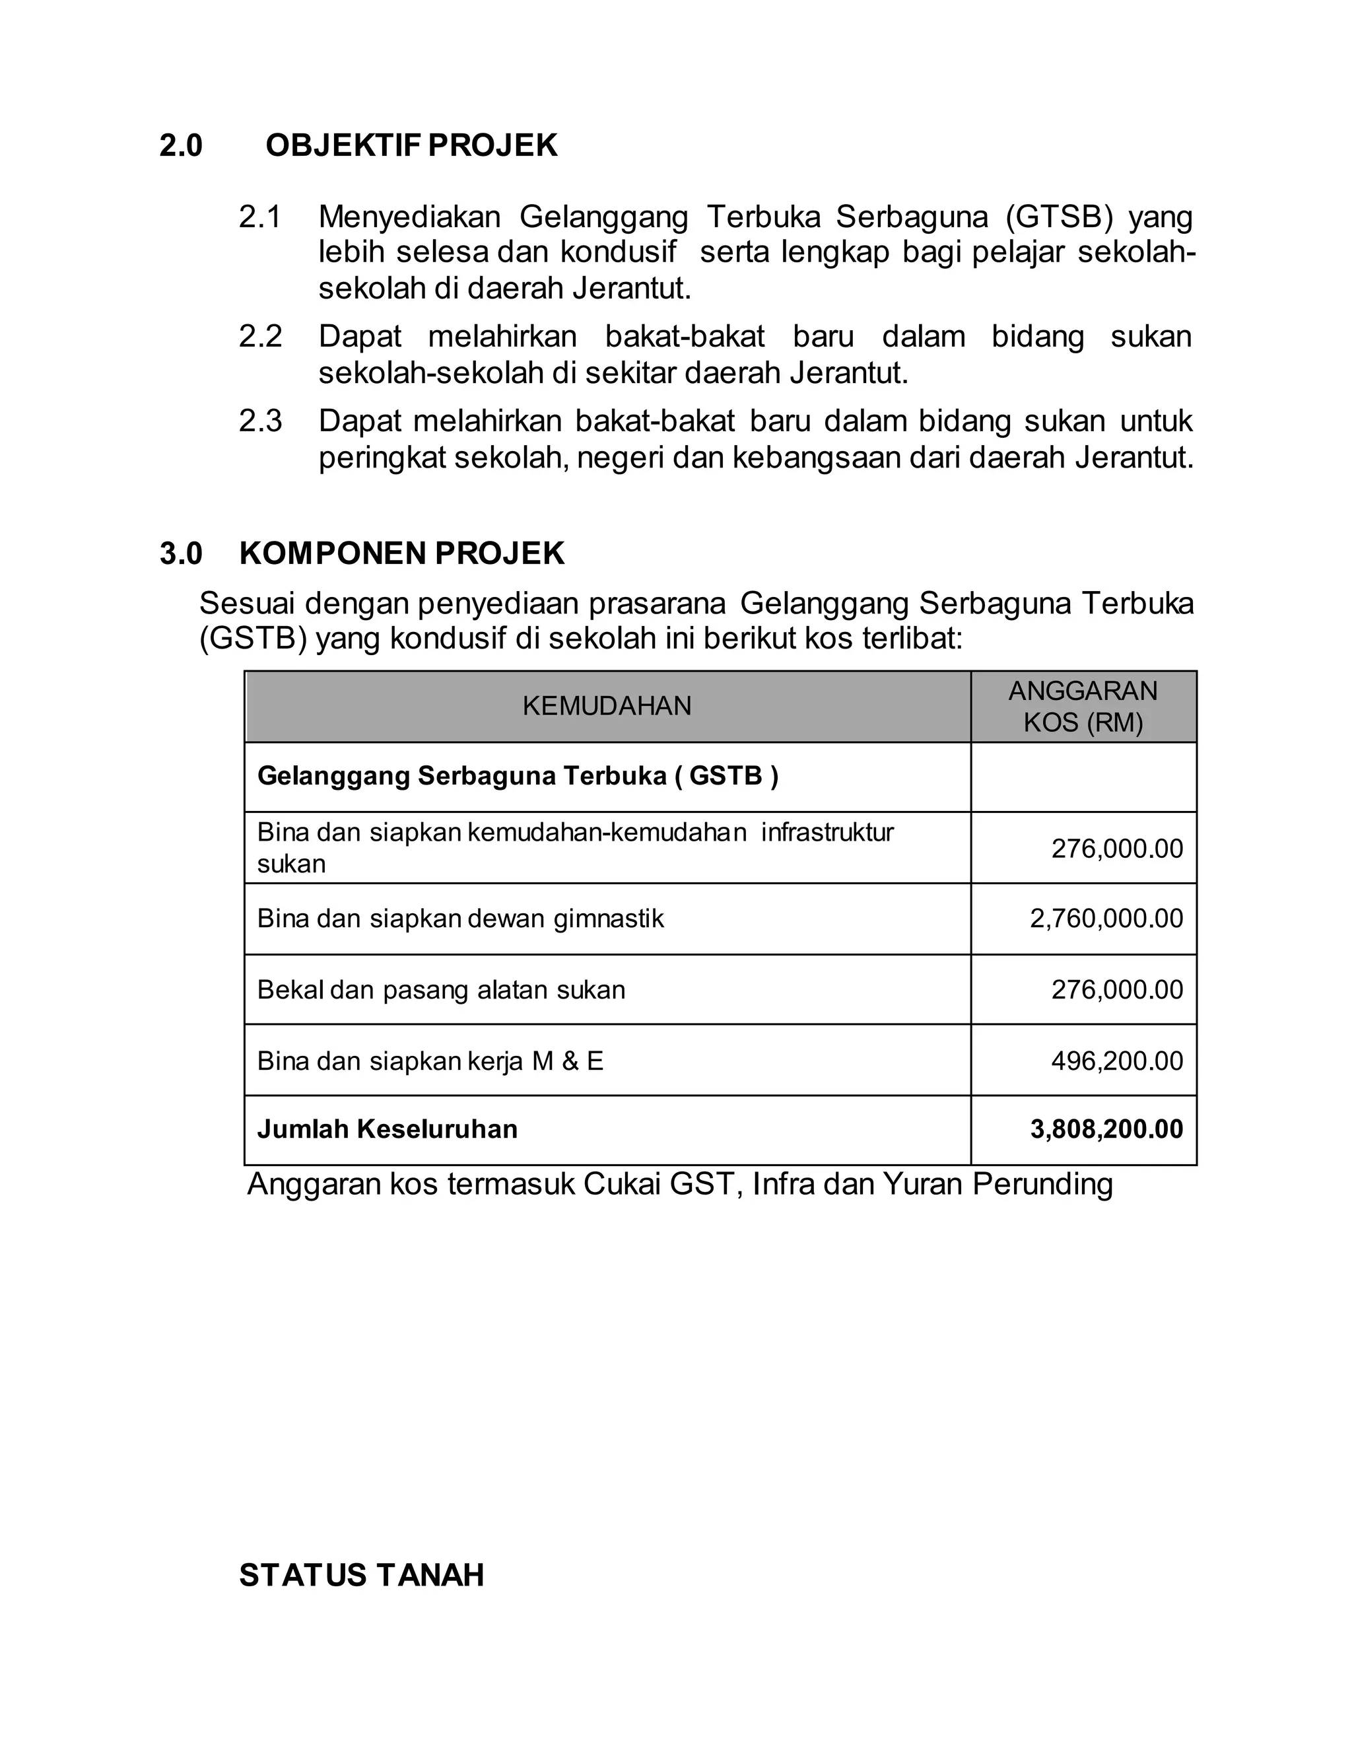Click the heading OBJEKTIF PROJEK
tap(411, 146)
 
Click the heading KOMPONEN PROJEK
tap(402, 553)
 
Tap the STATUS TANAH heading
tap(361, 1575)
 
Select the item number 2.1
tap(260, 217)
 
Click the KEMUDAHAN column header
tap(606, 706)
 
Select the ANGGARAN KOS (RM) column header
tap(1083, 707)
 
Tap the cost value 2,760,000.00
tap(1106, 919)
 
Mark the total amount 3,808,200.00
tap(1106, 1129)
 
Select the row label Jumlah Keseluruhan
tap(387, 1129)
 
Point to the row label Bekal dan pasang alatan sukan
tap(440, 991)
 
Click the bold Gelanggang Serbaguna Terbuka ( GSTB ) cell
tap(518, 776)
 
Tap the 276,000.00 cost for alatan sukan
tap(1116, 991)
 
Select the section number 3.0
tap(181, 553)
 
